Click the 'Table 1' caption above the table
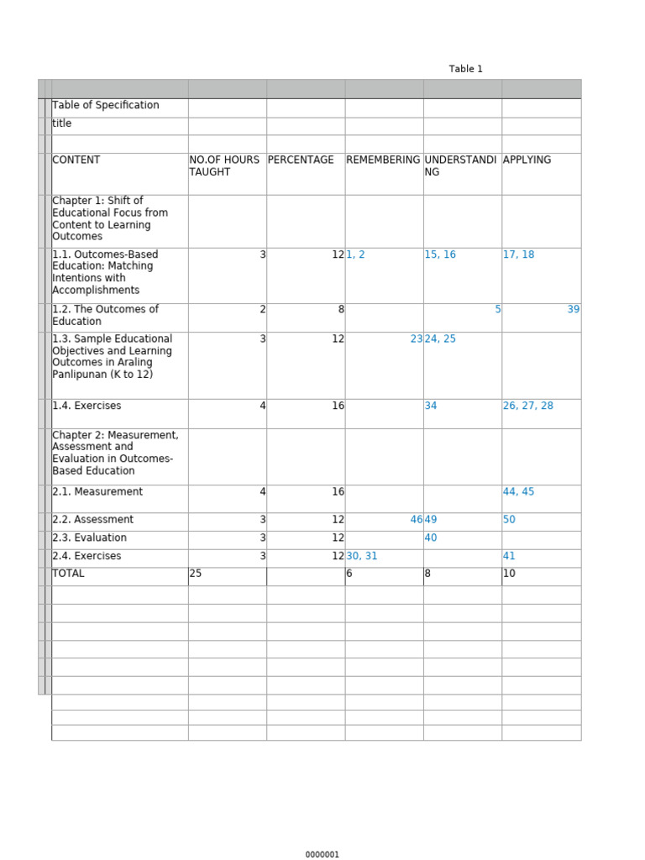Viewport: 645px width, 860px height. click(465, 69)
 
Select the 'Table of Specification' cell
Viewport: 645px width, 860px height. click(105, 105)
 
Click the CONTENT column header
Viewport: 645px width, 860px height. click(76, 160)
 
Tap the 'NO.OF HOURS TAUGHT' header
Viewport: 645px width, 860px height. click(224, 165)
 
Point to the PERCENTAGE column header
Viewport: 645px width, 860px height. click(301, 160)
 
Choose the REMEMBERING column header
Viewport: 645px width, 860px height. click(383, 160)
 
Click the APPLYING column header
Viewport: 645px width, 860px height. click(527, 160)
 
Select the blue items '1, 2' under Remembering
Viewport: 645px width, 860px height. click(356, 254)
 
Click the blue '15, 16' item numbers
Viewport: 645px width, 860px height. click(440, 254)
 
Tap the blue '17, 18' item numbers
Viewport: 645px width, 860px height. click(518, 254)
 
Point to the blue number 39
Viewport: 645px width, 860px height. click(574, 309)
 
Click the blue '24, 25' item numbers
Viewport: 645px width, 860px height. click(440, 339)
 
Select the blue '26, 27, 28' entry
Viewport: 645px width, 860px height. click(528, 406)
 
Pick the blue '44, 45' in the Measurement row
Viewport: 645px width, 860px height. click(518, 491)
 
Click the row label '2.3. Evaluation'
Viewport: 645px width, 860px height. click(89, 537)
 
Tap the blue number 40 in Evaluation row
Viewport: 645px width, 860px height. click(431, 537)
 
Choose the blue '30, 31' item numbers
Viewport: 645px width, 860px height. click(362, 556)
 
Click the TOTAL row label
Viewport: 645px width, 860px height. click(68, 574)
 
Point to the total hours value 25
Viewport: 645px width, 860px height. click(196, 574)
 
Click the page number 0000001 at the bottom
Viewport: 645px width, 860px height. click(322, 854)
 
